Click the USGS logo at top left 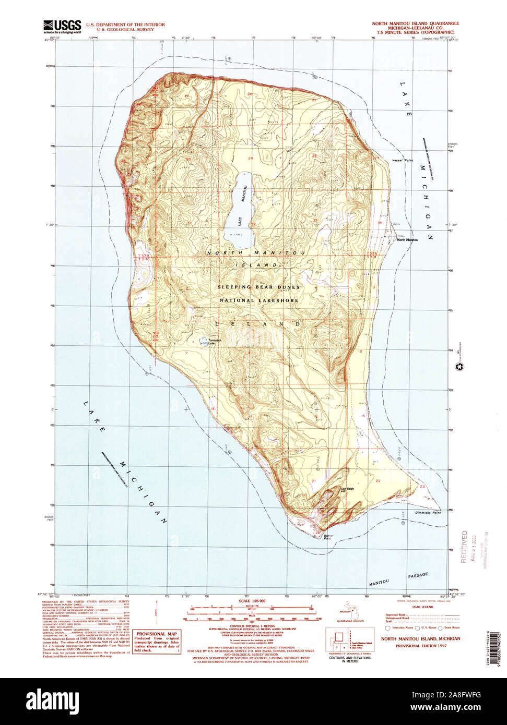tap(62, 26)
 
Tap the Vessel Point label tap(402, 160)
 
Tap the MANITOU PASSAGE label tap(398, 577)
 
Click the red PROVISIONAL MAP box tap(156, 642)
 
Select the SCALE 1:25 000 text tap(252, 601)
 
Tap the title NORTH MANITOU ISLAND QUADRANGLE tap(415, 24)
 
